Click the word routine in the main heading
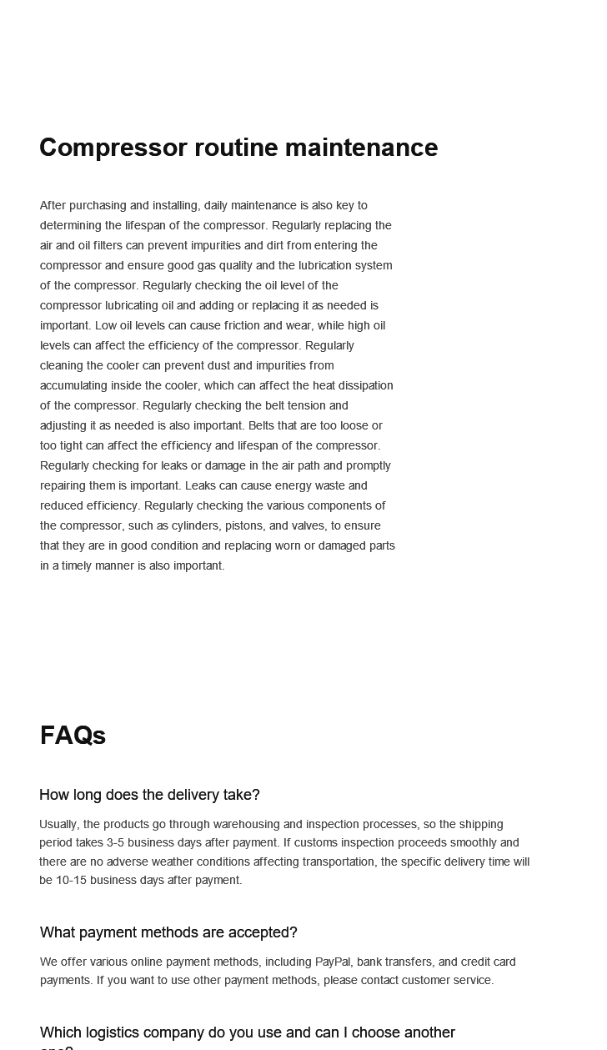(x=236, y=148)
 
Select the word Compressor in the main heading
(x=113, y=148)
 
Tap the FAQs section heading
(x=73, y=736)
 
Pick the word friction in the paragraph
(x=242, y=325)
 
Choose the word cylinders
(x=196, y=525)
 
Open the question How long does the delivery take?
(x=149, y=795)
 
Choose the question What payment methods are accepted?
(x=168, y=932)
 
